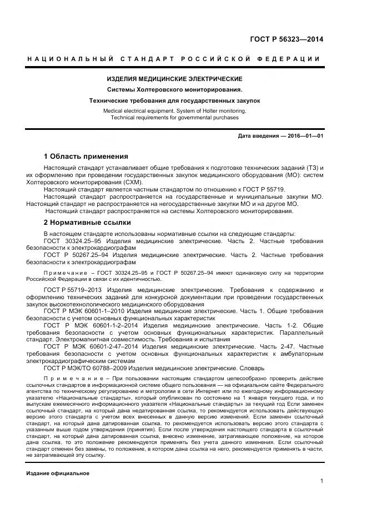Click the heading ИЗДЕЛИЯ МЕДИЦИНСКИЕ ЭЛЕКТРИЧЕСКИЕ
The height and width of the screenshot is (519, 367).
(x=175, y=79)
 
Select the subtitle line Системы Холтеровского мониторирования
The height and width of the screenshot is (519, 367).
(x=175, y=90)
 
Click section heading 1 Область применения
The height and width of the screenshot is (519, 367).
(x=86, y=157)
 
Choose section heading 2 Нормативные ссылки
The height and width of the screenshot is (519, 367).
(x=88, y=223)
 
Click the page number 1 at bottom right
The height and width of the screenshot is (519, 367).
(x=321, y=481)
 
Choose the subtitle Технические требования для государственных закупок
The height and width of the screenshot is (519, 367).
(x=175, y=100)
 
